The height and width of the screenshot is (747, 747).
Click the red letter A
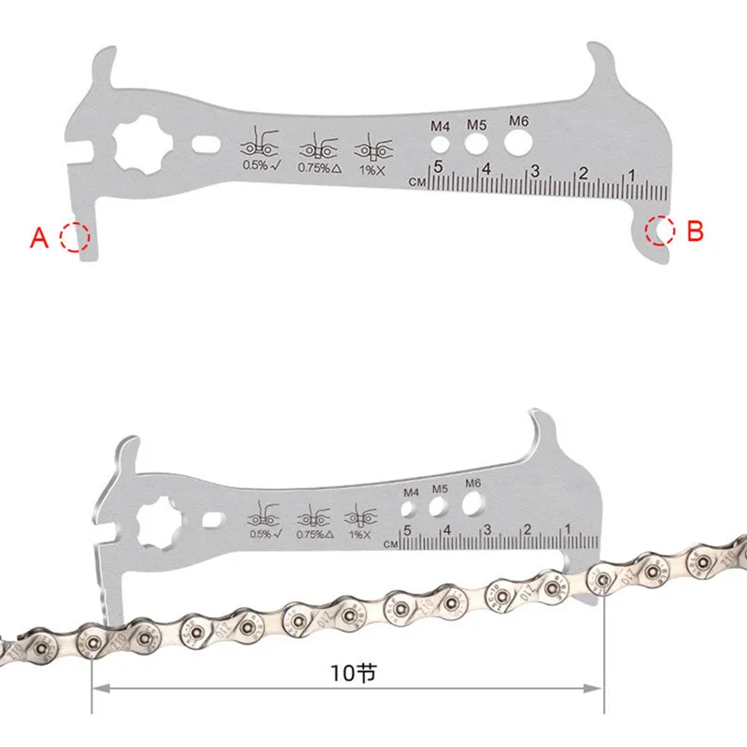[38, 239]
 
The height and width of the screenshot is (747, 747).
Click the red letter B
[694, 231]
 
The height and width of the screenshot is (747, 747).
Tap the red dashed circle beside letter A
[74, 237]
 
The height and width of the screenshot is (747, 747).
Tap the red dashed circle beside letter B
[661, 229]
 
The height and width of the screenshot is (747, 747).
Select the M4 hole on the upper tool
[438, 146]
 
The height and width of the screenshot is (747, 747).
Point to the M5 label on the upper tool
[477, 124]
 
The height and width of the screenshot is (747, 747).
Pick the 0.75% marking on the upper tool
[317, 167]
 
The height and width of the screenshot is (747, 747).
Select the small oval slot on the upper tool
[205, 146]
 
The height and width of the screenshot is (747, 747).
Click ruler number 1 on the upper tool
[631, 174]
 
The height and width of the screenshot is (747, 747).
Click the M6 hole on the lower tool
[472, 504]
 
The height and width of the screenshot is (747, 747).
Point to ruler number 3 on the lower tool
[486, 529]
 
